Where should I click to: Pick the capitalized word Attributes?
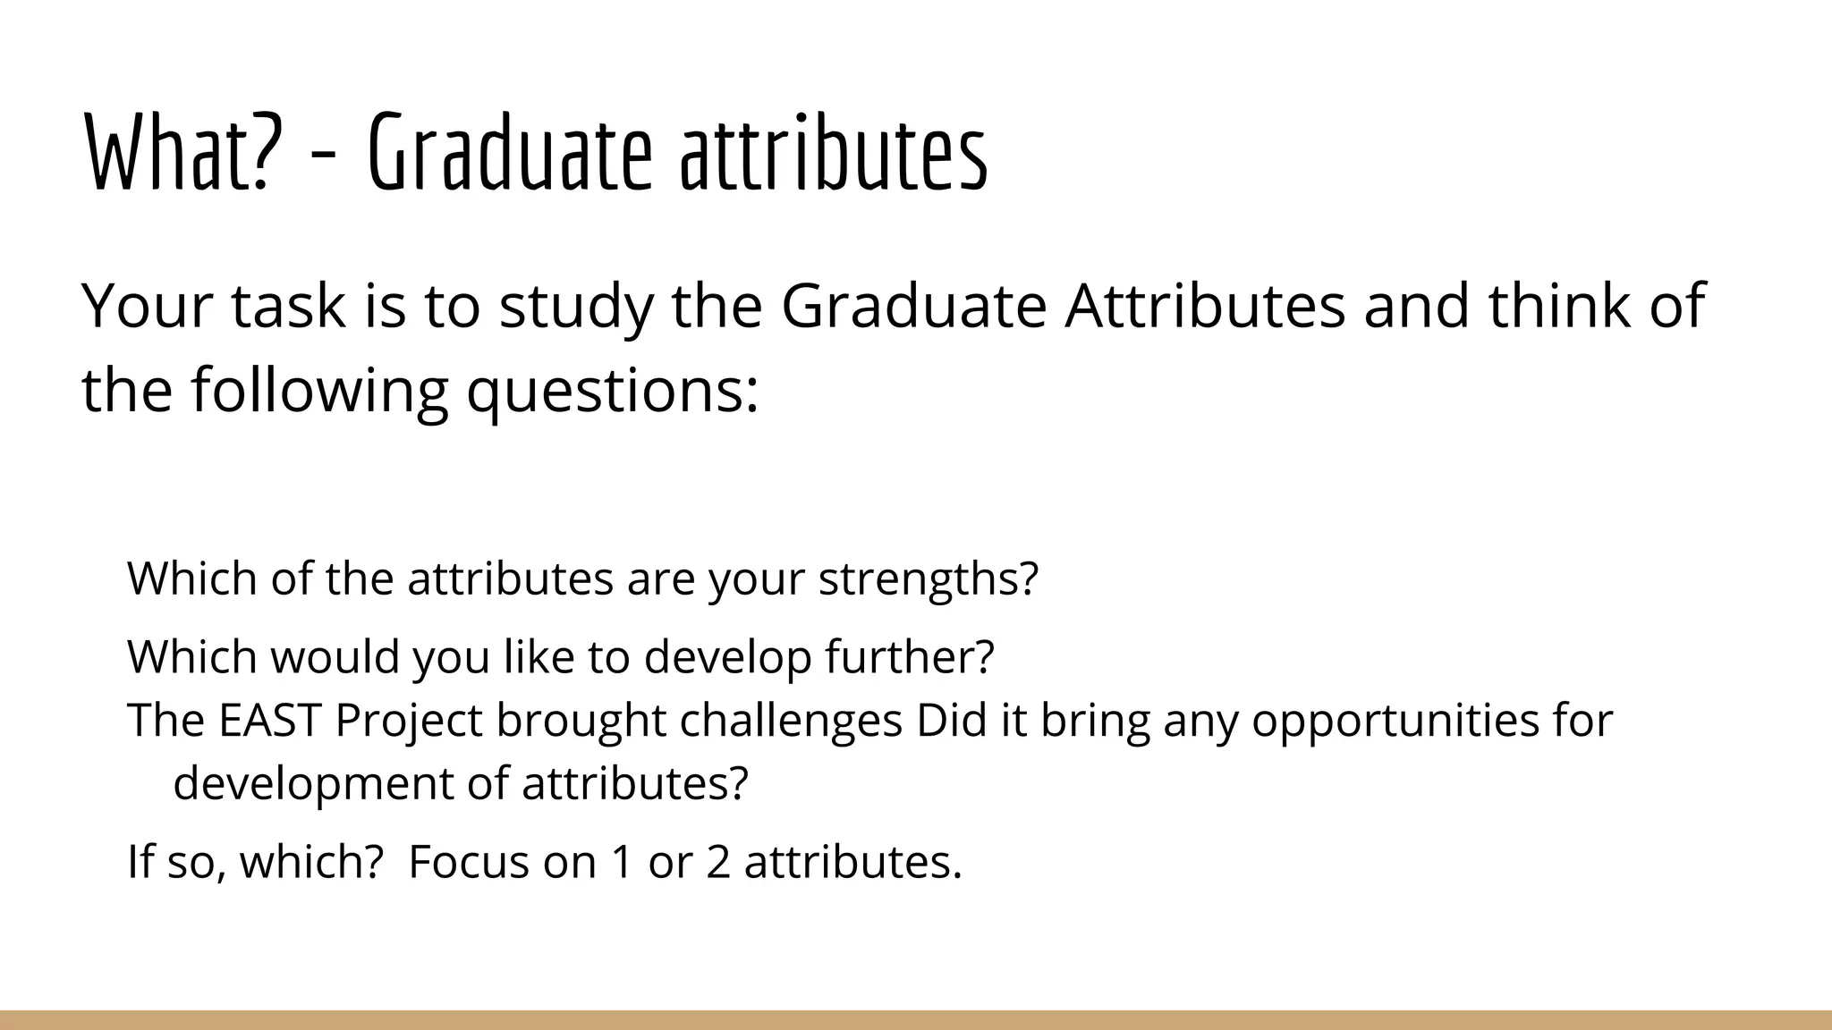1204,306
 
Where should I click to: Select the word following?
319,392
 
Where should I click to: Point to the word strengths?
929,579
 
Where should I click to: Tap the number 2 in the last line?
718,863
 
